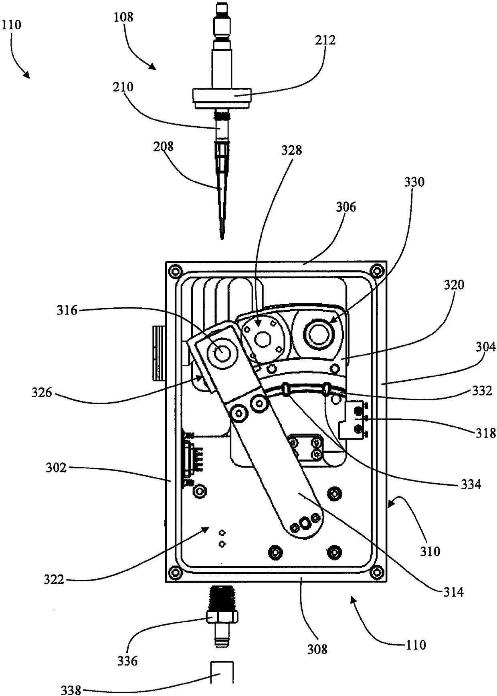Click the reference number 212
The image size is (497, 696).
325,40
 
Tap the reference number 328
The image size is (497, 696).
291,150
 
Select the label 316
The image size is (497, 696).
67,310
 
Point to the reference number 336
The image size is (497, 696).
127,661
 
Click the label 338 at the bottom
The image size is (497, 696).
71,690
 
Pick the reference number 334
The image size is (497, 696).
471,484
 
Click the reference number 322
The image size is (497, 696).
54,579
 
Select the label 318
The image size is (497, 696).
485,433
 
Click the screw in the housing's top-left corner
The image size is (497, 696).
174,271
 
